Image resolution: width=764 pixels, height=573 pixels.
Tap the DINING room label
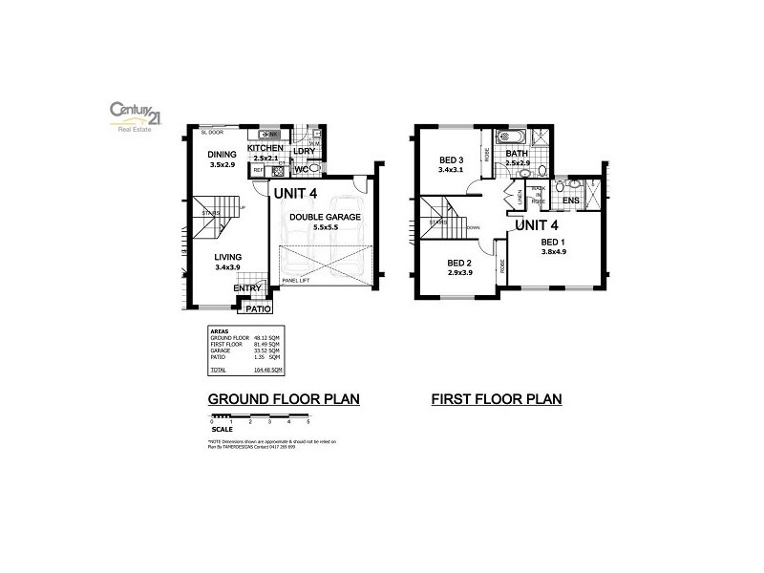click(222, 154)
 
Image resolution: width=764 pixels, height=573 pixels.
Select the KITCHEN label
click(265, 149)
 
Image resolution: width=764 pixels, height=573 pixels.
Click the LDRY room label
click(304, 151)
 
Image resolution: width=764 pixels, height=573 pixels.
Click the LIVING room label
click(227, 257)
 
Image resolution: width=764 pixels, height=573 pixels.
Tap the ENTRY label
click(247, 288)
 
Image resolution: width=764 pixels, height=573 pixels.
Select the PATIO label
click(259, 309)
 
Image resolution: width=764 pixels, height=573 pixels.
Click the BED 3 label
click(451, 159)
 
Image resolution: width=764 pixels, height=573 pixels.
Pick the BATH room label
click(517, 154)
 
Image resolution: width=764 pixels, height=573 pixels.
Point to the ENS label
click(570, 202)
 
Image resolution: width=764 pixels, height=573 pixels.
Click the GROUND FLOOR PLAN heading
click(284, 399)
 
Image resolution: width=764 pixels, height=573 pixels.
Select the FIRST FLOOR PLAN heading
click(497, 399)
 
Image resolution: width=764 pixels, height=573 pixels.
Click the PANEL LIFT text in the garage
click(297, 281)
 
